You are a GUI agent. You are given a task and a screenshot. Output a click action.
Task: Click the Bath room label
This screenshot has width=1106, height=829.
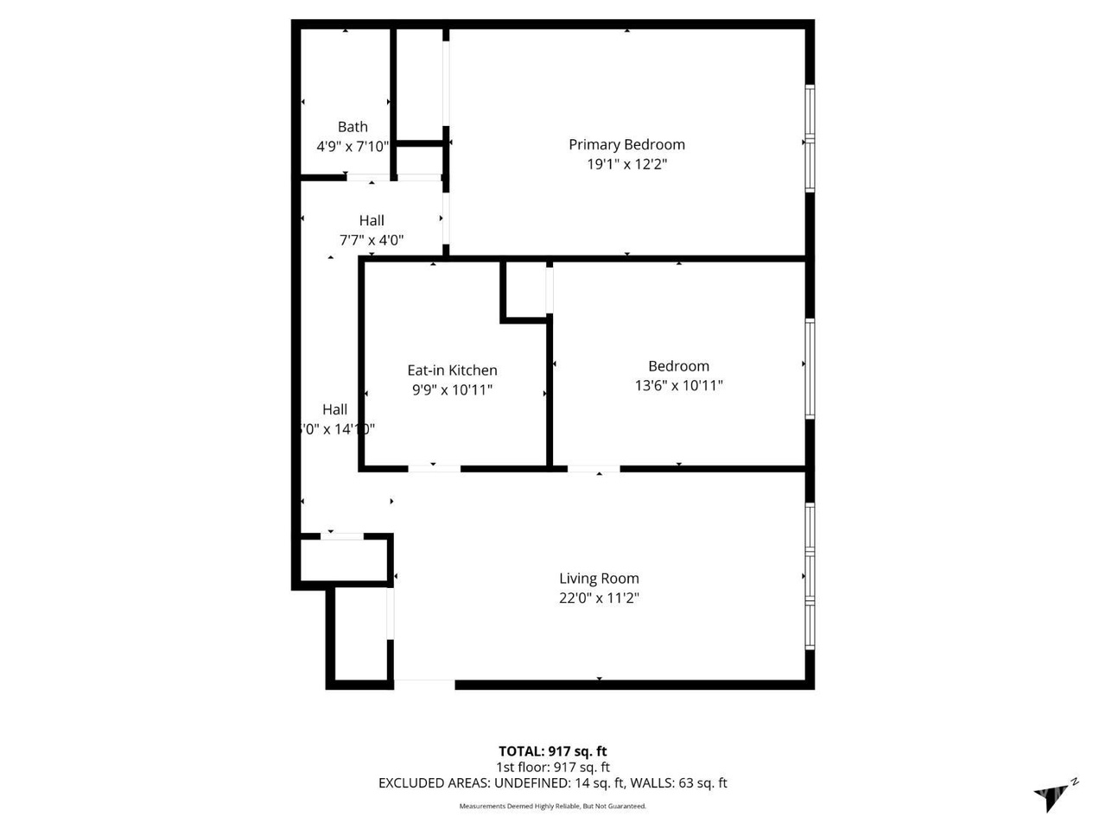click(x=353, y=127)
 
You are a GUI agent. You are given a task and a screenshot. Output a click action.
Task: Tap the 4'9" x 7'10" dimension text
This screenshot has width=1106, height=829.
click(x=353, y=147)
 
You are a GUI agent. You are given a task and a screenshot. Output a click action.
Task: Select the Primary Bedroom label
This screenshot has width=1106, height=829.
click(x=626, y=144)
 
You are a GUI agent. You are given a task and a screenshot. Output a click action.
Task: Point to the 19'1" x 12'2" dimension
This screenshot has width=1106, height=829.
click(x=626, y=164)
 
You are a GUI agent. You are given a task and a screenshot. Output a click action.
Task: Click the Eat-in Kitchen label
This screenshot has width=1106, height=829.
click(x=452, y=370)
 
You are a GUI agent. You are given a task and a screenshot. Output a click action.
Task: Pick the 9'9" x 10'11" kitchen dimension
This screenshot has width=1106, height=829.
click(x=452, y=389)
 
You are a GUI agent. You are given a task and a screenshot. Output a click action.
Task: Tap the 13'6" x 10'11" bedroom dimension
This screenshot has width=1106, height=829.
click(x=678, y=385)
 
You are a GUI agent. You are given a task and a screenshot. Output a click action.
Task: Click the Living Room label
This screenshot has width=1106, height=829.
click(x=599, y=579)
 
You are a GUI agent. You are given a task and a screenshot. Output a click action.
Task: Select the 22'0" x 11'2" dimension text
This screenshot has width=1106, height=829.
click(x=599, y=598)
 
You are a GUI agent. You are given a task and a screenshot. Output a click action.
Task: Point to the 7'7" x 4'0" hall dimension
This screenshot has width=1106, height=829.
click(x=372, y=240)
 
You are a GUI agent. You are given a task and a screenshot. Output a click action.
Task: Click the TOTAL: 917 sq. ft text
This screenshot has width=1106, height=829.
click(x=553, y=751)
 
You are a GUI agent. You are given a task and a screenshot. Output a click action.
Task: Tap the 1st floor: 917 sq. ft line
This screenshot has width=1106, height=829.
click(x=553, y=767)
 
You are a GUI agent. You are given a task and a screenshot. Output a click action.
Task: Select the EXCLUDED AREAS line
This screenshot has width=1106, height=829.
click(x=553, y=783)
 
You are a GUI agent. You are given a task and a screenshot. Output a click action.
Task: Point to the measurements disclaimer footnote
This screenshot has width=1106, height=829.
click(x=553, y=807)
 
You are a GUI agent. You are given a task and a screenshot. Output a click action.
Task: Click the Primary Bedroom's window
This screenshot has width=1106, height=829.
click(x=810, y=138)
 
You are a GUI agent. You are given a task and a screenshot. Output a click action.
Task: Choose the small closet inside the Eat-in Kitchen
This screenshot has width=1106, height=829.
click(x=525, y=290)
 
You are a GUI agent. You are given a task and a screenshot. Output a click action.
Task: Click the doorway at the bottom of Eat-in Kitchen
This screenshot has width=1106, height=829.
click(x=434, y=468)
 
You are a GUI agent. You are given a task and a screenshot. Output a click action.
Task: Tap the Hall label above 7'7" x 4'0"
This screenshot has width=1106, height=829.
click(x=372, y=220)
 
